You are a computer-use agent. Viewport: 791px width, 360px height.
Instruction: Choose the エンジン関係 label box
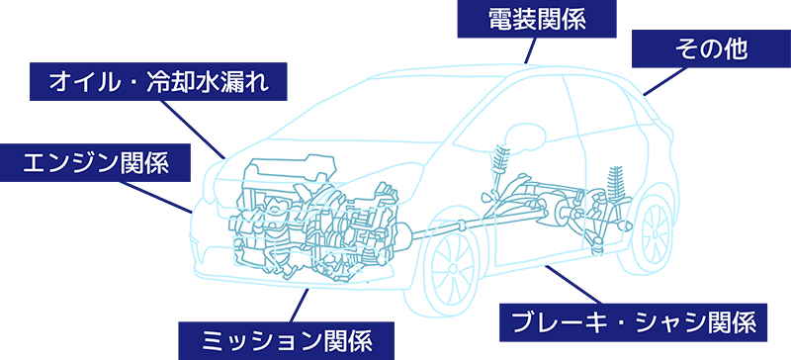click(97, 161)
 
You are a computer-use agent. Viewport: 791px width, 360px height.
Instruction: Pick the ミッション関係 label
click(287, 339)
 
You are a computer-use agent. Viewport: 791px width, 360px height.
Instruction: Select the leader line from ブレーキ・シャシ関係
click(572, 284)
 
